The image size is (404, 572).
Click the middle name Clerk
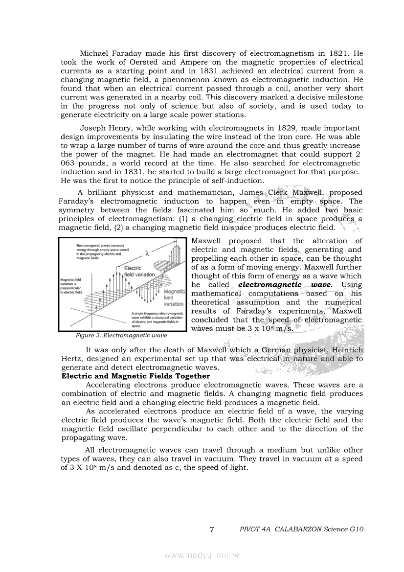tap(277, 193)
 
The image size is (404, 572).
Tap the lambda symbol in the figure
tap(146, 253)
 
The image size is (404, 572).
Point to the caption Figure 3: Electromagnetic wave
tap(121, 336)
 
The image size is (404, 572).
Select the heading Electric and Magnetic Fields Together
tap(135, 376)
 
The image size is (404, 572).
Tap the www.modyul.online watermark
tap(202, 555)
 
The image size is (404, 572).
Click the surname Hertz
tap(71, 359)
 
